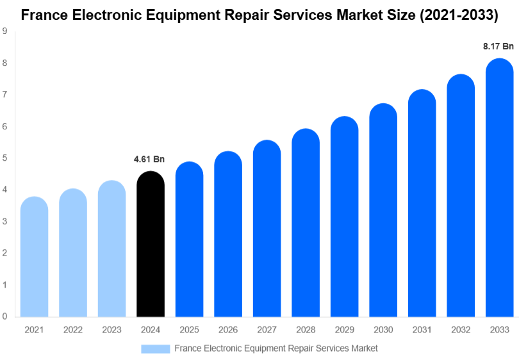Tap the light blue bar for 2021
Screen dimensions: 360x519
(x=34, y=257)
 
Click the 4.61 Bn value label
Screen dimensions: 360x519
(x=149, y=159)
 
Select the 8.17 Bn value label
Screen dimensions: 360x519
(x=498, y=46)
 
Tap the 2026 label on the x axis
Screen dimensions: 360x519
(x=227, y=329)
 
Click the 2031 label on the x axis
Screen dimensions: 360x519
(x=422, y=329)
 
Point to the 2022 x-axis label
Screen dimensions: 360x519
(x=72, y=329)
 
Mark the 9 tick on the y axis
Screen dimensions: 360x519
(x=4, y=31)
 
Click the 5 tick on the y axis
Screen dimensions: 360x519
(x=4, y=158)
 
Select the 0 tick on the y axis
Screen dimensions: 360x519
(x=4, y=316)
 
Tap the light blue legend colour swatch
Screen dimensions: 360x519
(x=155, y=348)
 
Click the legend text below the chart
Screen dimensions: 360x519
(x=276, y=348)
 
